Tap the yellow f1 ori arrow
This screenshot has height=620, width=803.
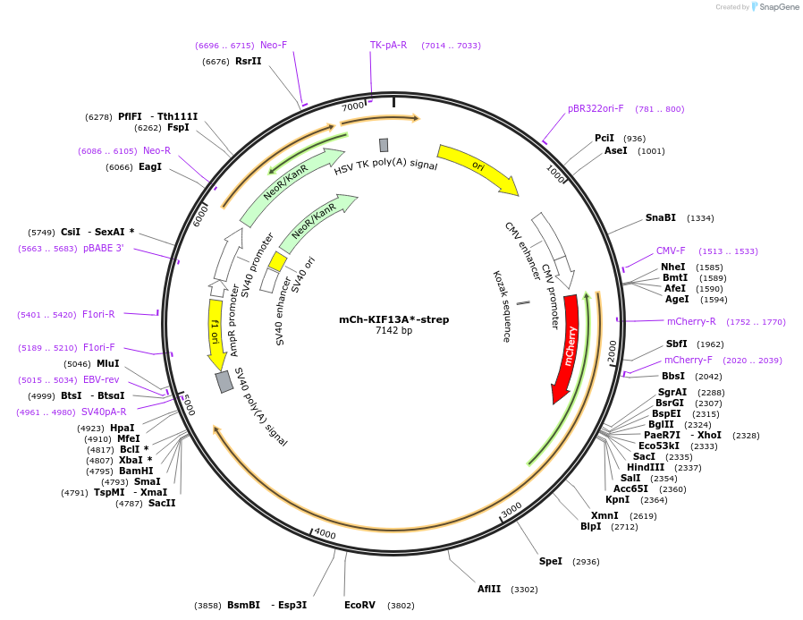click(215, 336)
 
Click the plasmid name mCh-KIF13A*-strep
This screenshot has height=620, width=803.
click(393, 319)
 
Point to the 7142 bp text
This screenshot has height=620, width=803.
click(393, 331)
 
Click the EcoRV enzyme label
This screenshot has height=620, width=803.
click(360, 606)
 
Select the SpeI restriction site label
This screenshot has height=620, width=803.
click(551, 562)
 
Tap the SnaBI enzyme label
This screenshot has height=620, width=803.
click(661, 218)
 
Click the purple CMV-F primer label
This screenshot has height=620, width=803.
click(671, 251)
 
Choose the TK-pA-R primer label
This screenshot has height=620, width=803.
click(388, 45)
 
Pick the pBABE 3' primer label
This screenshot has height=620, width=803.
click(104, 249)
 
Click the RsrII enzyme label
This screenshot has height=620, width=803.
click(249, 62)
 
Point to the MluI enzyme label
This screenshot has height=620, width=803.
click(108, 364)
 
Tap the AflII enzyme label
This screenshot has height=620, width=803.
click(489, 590)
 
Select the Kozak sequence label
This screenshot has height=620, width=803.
click(502, 307)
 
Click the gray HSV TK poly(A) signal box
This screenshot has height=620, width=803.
click(384, 145)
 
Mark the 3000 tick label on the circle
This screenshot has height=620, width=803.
click(511, 509)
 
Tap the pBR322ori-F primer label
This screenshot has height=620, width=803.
click(596, 109)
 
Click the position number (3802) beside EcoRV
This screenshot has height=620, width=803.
click(401, 606)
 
